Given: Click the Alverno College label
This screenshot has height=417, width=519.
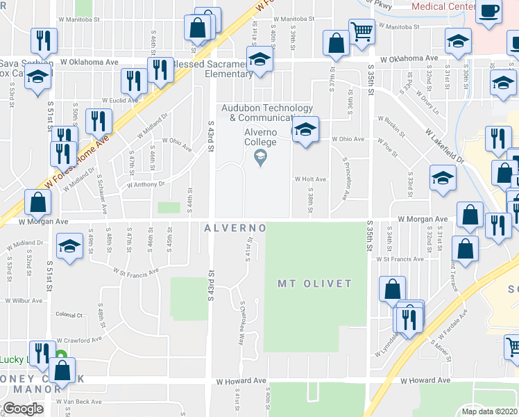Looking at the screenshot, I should (259, 138).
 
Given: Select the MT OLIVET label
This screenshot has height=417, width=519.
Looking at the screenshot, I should (314, 284).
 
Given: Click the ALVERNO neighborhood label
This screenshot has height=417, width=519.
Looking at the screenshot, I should (236, 228).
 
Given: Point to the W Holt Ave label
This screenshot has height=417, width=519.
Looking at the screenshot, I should (310, 179).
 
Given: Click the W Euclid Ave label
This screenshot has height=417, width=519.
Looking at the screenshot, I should (119, 100).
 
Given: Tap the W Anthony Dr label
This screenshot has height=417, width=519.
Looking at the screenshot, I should (145, 185).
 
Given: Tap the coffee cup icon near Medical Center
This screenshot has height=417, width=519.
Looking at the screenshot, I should (489, 13).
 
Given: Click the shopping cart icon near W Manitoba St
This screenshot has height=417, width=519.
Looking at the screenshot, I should (361, 31).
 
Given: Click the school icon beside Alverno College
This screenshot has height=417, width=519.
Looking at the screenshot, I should (305, 130).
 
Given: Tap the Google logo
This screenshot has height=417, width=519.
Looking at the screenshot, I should (23, 408).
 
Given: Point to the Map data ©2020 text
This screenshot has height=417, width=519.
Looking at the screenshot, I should (489, 411).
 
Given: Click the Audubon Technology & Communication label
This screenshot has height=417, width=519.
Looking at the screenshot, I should (267, 113).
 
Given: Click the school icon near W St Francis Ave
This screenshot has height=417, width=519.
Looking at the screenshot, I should (69, 247).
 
